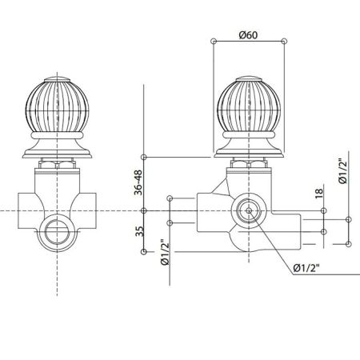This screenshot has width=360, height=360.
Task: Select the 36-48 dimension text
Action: tap(139, 182)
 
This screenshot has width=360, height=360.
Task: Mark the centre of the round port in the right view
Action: tap(250, 211)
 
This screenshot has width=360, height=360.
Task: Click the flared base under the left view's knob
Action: tap(58, 148)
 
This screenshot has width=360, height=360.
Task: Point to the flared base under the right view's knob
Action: tap(249, 148)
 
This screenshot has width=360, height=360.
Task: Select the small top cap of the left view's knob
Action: tap(58, 76)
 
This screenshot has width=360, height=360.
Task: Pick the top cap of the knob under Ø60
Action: tap(249, 76)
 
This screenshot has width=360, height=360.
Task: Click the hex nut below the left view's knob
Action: tap(58, 163)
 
